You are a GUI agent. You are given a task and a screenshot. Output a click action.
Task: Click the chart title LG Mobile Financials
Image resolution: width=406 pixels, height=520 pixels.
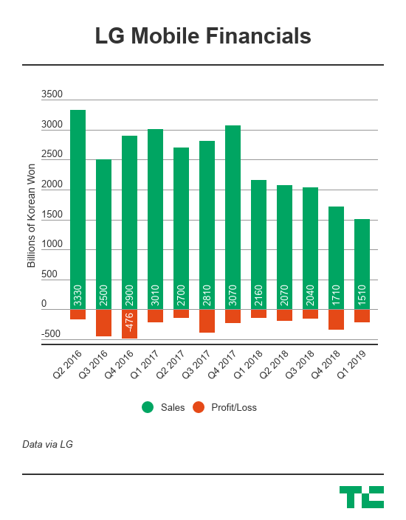pos(202,36)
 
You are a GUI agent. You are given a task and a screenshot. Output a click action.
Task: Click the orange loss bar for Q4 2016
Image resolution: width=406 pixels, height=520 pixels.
pos(129,324)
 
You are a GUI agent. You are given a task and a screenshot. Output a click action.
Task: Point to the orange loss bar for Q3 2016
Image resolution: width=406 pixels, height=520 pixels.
pos(103,322)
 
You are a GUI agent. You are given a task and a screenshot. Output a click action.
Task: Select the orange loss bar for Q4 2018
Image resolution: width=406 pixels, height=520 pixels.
pos(336,319)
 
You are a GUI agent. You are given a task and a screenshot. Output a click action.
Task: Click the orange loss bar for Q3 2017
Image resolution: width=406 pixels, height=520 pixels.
pos(207,321)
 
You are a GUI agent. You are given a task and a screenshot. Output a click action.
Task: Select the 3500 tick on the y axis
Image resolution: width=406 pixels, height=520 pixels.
pos(52,95)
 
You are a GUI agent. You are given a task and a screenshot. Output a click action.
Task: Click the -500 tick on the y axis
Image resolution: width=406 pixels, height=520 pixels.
pos(51,334)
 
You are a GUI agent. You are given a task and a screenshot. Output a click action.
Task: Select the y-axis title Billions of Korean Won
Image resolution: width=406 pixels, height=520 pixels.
pos(32,215)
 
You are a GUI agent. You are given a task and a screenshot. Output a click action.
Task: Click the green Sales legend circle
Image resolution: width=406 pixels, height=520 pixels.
pos(148,407)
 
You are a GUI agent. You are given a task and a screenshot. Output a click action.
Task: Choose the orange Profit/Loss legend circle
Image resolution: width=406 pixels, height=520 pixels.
pos(198,407)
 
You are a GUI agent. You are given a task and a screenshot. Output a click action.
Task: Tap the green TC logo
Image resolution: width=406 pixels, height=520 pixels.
pos(361,496)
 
